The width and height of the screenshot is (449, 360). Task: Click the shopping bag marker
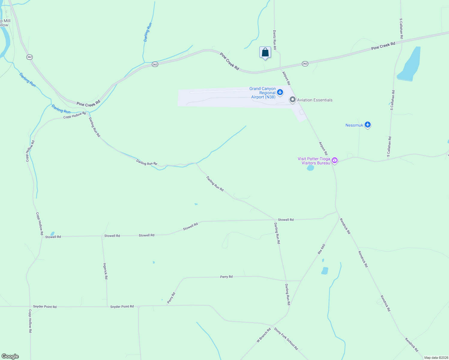pyautogui.click(x=265, y=52)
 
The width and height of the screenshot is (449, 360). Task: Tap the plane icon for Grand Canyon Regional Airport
pyautogui.click(x=280, y=92)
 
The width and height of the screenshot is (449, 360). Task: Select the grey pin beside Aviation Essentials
pyautogui.click(x=293, y=100)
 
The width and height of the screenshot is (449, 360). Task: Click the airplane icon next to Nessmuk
pyautogui.click(x=368, y=125)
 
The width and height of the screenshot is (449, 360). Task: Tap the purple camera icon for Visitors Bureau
pyautogui.click(x=335, y=160)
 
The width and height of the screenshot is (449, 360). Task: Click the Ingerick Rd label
pyautogui.click(x=105, y=271)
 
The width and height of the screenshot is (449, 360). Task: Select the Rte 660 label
pyautogui.click(x=321, y=249)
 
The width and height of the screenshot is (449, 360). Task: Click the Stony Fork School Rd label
pyautogui.click(x=286, y=339)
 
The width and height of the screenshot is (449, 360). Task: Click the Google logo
pyautogui.click(x=10, y=356)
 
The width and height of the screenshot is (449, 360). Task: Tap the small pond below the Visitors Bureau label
pyautogui.click(x=310, y=168)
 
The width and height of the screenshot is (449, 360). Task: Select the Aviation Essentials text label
pyautogui.click(x=315, y=100)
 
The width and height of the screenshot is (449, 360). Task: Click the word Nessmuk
pyautogui.click(x=354, y=125)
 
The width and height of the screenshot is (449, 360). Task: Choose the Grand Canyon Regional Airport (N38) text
pyautogui.click(x=263, y=93)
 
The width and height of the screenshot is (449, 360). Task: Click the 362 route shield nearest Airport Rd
pyautogui.click(x=305, y=64)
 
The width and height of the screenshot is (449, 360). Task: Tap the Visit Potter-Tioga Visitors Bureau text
pyautogui.click(x=314, y=161)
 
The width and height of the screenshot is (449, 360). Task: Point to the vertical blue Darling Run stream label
pyautogui.click(x=148, y=32)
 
